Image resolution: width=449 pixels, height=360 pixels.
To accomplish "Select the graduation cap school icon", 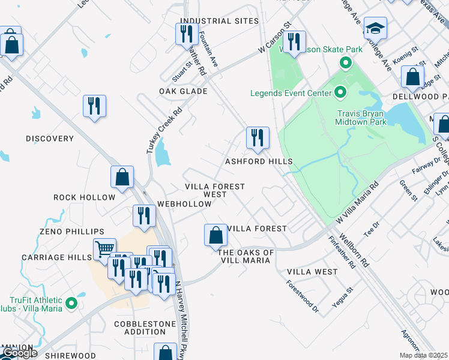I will pyautogui.click(x=375, y=28).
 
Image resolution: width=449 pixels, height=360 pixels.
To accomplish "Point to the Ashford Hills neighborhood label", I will pyautogui.click(x=259, y=161).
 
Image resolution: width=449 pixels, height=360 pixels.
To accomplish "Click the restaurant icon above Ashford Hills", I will pyautogui.click(x=258, y=137).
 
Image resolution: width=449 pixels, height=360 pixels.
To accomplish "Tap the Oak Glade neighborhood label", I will pyautogui.click(x=183, y=91).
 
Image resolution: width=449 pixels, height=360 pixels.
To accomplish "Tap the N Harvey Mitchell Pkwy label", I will pyautogui.click(x=178, y=318).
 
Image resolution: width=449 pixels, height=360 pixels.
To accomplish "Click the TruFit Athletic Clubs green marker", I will pyautogui.click(x=71, y=304).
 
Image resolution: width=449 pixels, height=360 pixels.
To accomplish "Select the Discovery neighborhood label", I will pyautogui.click(x=50, y=139).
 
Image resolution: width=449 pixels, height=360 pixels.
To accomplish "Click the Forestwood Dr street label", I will pyautogui.click(x=303, y=297).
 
